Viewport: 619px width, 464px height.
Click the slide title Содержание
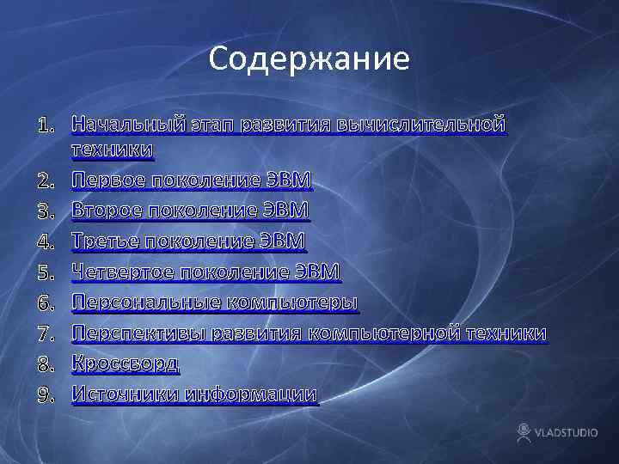click(x=309, y=59)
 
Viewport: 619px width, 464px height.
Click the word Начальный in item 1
click(x=126, y=125)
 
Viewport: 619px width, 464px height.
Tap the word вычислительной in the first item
click(x=421, y=125)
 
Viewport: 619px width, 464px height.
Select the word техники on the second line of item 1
click(x=113, y=151)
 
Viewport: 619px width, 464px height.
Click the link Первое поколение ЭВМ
click(x=192, y=181)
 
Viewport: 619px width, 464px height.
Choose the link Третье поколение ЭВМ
click(x=188, y=241)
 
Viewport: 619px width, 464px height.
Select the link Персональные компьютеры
click(x=215, y=302)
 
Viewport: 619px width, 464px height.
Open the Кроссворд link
click(x=126, y=363)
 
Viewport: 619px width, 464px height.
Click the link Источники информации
click(x=194, y=394)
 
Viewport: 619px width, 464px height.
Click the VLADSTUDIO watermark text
click(x=567, y=432)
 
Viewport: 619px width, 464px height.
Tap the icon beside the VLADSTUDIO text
click(x=524, y=430)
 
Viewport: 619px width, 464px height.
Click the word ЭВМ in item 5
click(x=318, y=272)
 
